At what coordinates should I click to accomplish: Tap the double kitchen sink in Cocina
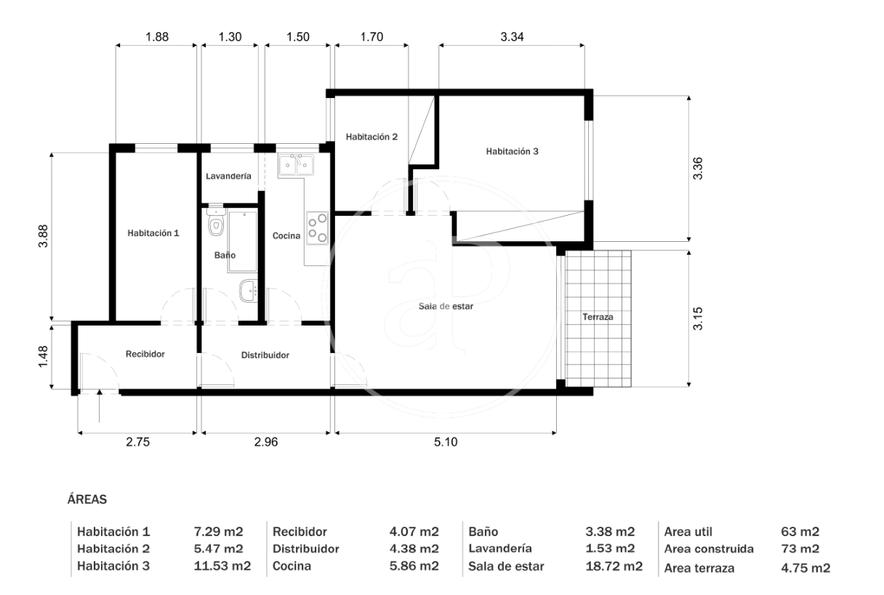tap(296, 165)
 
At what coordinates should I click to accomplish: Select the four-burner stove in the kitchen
tap(317, 228)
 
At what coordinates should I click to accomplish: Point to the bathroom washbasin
tap(249, 291)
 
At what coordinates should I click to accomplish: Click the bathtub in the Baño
tap(242, 242)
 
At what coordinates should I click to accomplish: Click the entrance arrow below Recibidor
tap(100, 405)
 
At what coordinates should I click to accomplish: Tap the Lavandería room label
tap(228, 177)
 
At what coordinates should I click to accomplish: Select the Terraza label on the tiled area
tap(598, 317)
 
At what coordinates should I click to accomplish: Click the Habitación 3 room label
tap(512, 151)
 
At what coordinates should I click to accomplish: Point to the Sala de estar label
tap(446, 307)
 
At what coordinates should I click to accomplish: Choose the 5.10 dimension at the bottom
tap(446, 442)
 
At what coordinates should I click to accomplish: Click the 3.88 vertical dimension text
tap(43, 236)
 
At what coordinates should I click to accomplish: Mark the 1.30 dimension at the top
tap(230, 37)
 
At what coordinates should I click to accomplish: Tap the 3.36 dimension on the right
tap(698, 169)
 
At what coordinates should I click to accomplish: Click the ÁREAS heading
tap(87, 499)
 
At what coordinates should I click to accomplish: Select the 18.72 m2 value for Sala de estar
tap(614, 566)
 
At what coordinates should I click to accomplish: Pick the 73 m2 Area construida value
tap(800, 549)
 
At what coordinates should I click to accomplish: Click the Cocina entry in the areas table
tap(292, 566)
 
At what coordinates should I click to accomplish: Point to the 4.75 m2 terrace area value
tap(805, 568)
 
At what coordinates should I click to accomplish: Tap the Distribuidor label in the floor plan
tap(265, 355)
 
